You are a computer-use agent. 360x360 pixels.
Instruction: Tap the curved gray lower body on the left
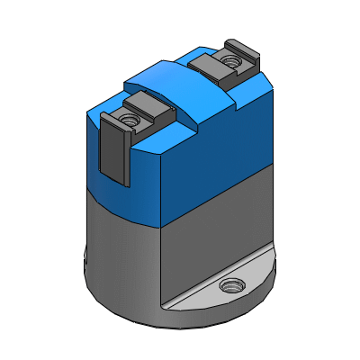point(121,252)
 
